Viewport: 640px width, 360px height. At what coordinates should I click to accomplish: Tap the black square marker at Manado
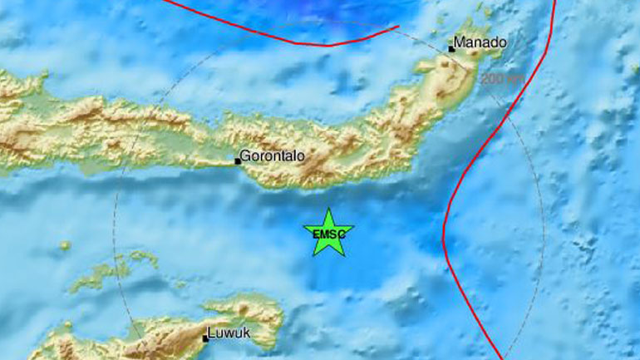point(451,49)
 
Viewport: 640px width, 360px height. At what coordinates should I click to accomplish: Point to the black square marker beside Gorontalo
point(238,161)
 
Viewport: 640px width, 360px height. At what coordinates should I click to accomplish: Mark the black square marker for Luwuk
point(205,338)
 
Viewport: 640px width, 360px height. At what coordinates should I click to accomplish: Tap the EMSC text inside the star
point(328,234)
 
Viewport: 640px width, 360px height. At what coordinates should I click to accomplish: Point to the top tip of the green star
point(328,209)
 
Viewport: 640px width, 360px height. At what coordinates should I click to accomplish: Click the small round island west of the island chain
point(65,245)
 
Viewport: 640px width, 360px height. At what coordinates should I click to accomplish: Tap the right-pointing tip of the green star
point(354,228)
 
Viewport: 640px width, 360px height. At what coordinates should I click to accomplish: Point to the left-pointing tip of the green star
point(303,228)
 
